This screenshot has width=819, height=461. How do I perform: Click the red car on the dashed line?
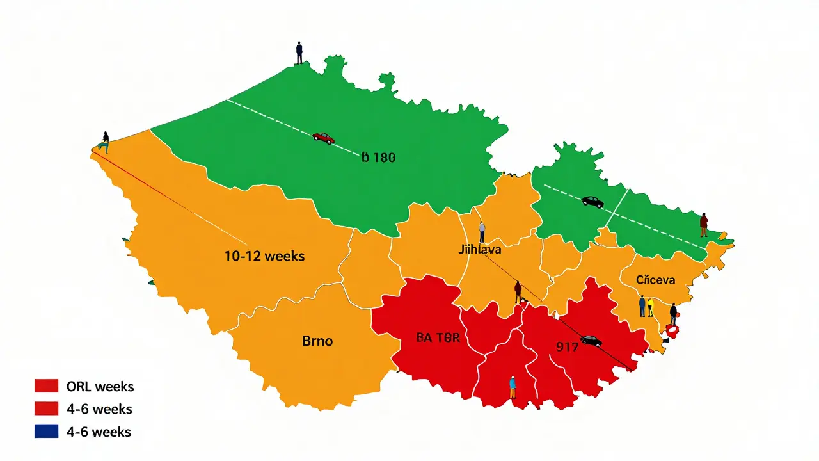(323, 138)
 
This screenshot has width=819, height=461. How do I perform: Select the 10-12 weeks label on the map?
(264, 256)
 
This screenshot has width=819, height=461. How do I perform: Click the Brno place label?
(317, 341)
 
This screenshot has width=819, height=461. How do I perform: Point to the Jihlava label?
(480, 250)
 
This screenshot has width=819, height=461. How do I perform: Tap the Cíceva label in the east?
(656, 280)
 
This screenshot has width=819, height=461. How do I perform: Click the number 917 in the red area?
(567, 347)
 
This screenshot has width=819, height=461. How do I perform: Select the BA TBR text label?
(438, 338)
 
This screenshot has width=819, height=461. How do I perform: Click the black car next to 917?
(591, 341)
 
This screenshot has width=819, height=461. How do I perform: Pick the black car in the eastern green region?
(592, 202)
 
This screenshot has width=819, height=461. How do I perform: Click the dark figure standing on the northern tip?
(299, 53)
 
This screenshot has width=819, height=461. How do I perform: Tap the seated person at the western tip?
(105, 142)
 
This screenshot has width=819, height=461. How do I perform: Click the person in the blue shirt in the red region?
(513, 387)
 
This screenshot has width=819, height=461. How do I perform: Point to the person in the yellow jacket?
(650, 307)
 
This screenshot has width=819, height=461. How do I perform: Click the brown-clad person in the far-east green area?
(704, 225)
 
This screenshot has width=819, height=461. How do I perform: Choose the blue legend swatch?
(47, 432)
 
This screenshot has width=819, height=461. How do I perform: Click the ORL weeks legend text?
(100, 387)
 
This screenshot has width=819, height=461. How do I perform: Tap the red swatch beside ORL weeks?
(47, 386)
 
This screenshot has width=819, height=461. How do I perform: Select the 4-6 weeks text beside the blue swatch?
(99, 432)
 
